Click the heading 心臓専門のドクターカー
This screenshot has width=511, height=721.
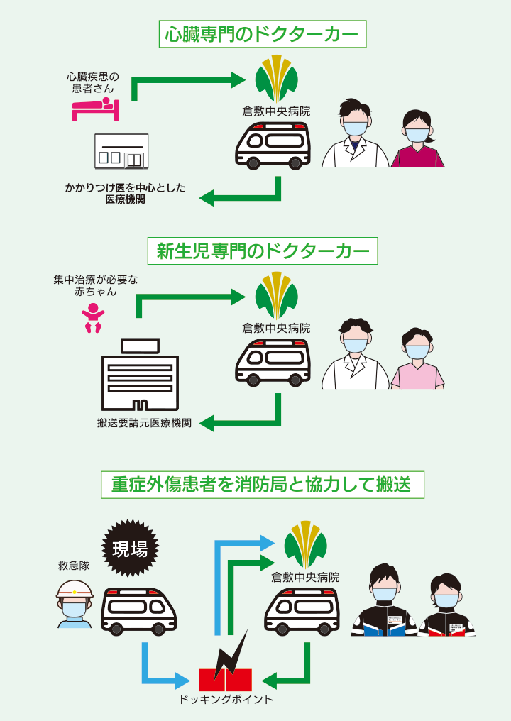(x=262, y=33)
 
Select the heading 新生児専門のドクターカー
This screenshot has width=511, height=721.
(x=263, y=251)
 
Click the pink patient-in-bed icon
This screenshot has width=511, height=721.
(x=95, y=109)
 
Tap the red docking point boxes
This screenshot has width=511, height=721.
(x=225, y=679)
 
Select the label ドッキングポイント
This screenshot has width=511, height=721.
(x=226, y=700)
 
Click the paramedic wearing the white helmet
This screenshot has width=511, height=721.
(x=75, y=602)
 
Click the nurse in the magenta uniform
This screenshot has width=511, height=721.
(x=417, y=140)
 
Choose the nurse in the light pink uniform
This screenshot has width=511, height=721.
(x=417, y=360)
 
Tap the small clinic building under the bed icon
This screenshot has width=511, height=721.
(x=121, y=151)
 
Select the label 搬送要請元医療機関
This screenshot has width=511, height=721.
(x=144, y=424)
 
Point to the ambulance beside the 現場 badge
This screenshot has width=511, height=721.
(x=140, y=610)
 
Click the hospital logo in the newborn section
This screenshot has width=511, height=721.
(x=276, y=295)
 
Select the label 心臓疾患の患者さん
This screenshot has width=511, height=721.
(x=93, y=83)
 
